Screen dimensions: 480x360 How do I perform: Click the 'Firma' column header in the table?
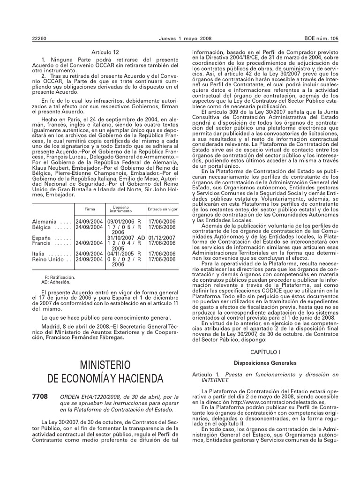point(90,209)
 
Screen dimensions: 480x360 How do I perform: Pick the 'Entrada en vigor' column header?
point(163,209)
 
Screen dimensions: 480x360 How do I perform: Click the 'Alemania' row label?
point(45,221)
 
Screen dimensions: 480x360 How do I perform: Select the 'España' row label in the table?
point(43,238)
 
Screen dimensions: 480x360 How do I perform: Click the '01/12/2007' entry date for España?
point(162,238)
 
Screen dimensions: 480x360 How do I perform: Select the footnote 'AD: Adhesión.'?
point(56,282)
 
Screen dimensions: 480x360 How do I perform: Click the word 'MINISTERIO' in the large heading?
point(105,365)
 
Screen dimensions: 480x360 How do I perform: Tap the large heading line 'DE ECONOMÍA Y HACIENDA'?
point(105,378)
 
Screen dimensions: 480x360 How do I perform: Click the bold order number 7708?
point(40,397)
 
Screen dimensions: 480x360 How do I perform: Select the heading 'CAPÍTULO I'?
point(265,351)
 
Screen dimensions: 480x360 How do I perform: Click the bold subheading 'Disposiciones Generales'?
point(265,363)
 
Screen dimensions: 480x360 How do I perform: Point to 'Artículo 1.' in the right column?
point(207,375)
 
